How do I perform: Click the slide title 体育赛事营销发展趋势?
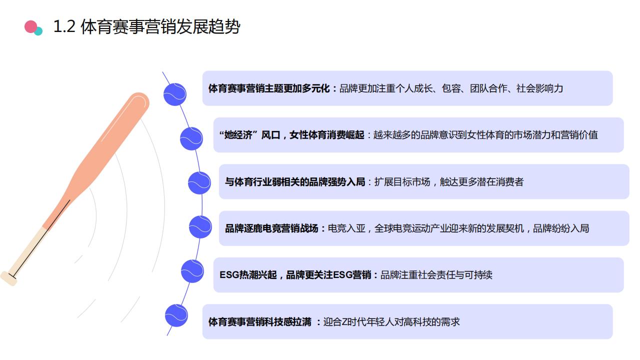tap(160, 27)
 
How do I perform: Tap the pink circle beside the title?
tap(31, 27)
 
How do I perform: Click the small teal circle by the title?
tap(38, 31)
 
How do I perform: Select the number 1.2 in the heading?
tap(64, 26)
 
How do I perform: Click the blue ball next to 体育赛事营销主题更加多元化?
tap(175, 94)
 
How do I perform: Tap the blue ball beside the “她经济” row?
tap(191, 138)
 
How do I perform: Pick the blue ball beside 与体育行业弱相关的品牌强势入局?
tap(199, 183)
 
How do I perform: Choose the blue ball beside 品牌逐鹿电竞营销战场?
tap(200, 227)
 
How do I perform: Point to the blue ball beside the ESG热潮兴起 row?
tap(192, 271)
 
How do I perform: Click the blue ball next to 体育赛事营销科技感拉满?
tap(176, 315)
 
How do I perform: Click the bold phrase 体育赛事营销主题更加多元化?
tap(269, 88)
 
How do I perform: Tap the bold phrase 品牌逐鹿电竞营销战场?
tap(271, 228)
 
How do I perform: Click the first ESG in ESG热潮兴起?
tap(229, 275)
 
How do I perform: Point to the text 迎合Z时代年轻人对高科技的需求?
tap(391, 322)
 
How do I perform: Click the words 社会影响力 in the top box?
tap(539, 88)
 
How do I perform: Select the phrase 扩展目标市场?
tap(402, 181)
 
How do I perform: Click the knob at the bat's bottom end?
tap(8, 278)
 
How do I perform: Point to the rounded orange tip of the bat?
tap(139, 101)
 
